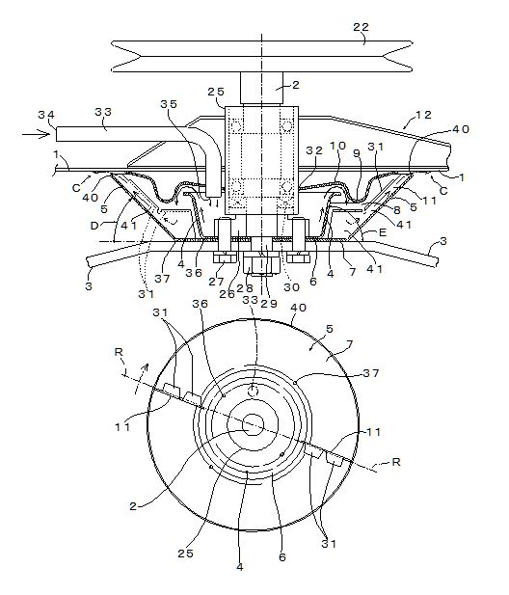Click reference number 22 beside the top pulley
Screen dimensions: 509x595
tap(361, 27)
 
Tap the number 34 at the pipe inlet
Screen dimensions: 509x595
tap(46, 115)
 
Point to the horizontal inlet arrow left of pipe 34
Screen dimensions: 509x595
tap(36, 134)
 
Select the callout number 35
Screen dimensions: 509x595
tap(169, 104)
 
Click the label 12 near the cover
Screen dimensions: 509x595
tap(423, 115)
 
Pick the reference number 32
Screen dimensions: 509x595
tap(314, 150)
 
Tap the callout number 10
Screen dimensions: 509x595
tap(337, 146)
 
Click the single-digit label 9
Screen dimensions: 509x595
tap(356, 152)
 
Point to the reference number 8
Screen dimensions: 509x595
tap(397, 209)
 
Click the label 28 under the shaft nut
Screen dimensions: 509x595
tap(245, 288)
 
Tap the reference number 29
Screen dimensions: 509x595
tap(269, 303)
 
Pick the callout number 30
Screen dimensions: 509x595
tap(292, 287)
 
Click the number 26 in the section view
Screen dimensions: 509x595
tap(228, 294)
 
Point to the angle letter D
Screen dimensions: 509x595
tap(94, 227)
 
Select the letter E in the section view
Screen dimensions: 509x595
tap(383, 231)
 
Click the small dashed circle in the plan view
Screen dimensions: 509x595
tap(253, 391)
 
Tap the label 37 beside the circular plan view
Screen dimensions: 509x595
tap(371, 373)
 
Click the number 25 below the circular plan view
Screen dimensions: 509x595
tap(186, 554)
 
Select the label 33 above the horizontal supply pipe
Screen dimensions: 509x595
tap(103, 112)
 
